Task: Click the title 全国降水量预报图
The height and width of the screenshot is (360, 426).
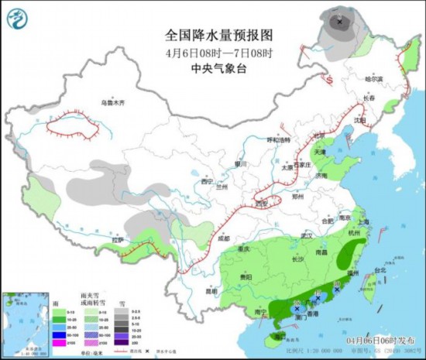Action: pyautogui.click(x=218, y=35)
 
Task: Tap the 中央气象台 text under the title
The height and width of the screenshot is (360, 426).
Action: pyautogui.click(x=218, y=67)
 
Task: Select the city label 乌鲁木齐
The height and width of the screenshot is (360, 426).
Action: pyautogui.click(x=112, y=103)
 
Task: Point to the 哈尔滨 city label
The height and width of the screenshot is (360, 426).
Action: pyautogui.click(x=374, y=79)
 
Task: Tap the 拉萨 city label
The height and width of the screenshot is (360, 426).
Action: pyautogui.click(x=117, y=240)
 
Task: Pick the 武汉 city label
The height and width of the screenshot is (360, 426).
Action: pyautogui.click(x=306, y=235)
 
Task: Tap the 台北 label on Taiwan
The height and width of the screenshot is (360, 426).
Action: pyautogui.click(x=380, y=270)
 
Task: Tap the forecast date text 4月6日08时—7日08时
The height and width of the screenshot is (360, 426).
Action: pyautogui.click(x=218, y=51)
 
